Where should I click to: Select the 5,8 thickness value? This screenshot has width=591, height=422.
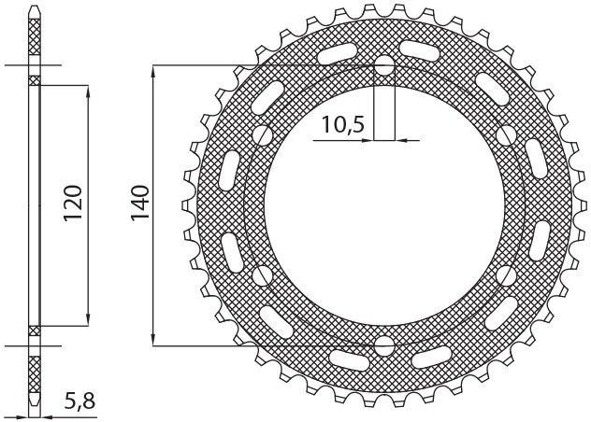click(x=79, y=403)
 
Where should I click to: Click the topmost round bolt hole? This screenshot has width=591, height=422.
click(x=384, y=66)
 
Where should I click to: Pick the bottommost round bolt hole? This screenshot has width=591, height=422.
click(x=384, y=346)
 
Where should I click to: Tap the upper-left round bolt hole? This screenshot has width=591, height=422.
click(x=263, y=136)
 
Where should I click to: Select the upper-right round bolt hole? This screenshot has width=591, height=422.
click(x=506, y=136)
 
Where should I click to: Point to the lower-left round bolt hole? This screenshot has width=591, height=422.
click(x=263, y=276)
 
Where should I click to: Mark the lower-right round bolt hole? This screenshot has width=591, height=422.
click(x=506, y=276)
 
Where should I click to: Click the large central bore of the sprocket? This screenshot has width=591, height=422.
click(x=384, y=206)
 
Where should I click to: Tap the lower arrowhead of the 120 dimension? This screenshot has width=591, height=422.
click(x=88, y=319)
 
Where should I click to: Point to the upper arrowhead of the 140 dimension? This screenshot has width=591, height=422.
click(x=152, y=72)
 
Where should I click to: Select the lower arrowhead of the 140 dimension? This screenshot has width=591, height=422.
click(x=152, y=340)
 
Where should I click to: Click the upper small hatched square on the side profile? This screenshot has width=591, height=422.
click(x=36, y=81)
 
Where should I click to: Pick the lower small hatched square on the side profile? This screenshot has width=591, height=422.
click(x=36, y=330)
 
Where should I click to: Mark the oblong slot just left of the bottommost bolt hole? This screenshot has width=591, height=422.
click(x=349, y=357)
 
